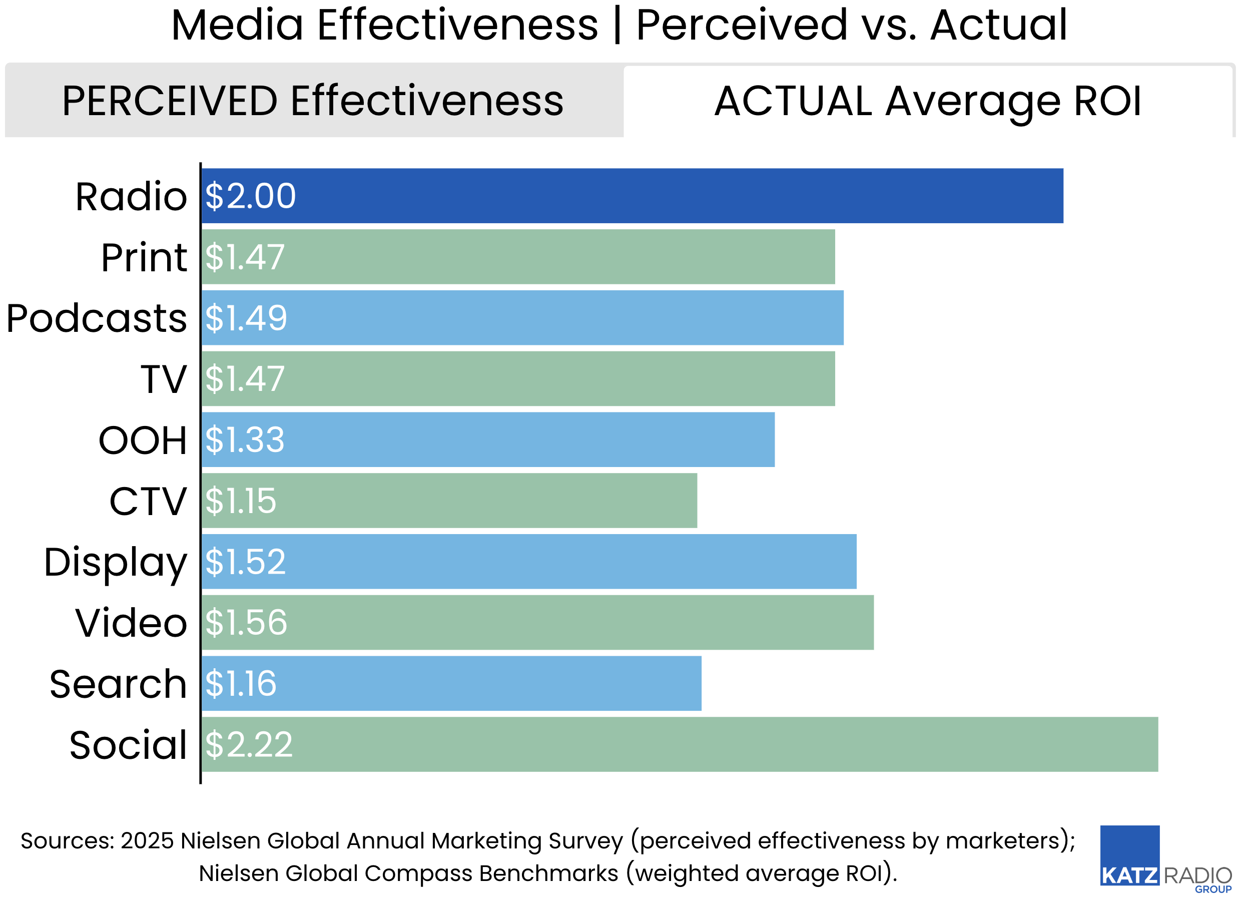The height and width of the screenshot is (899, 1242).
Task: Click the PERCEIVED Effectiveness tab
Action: pos(313,101)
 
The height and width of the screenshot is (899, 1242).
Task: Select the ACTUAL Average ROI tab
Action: pos(928,101)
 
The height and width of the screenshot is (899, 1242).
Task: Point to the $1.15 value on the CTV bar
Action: pos(241,501)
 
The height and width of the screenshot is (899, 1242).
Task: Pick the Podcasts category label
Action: pos(97,318)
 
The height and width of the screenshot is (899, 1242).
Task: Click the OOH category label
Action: pos(143,440)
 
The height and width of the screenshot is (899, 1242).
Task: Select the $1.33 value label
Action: pos(245,440)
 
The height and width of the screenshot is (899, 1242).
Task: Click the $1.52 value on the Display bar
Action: pos(245,562)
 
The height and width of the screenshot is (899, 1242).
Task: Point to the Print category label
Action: pos(144,257)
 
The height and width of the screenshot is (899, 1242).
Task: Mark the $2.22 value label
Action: pos(249,744)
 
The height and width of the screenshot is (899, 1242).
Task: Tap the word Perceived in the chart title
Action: pos(742,25)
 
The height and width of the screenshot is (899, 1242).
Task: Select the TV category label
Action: pos(164,379)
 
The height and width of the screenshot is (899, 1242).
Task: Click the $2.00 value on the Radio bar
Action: pos(250,196)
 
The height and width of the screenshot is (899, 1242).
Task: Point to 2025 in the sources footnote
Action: pos(147,840)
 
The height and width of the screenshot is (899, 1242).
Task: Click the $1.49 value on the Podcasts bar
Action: pos(246,318)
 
